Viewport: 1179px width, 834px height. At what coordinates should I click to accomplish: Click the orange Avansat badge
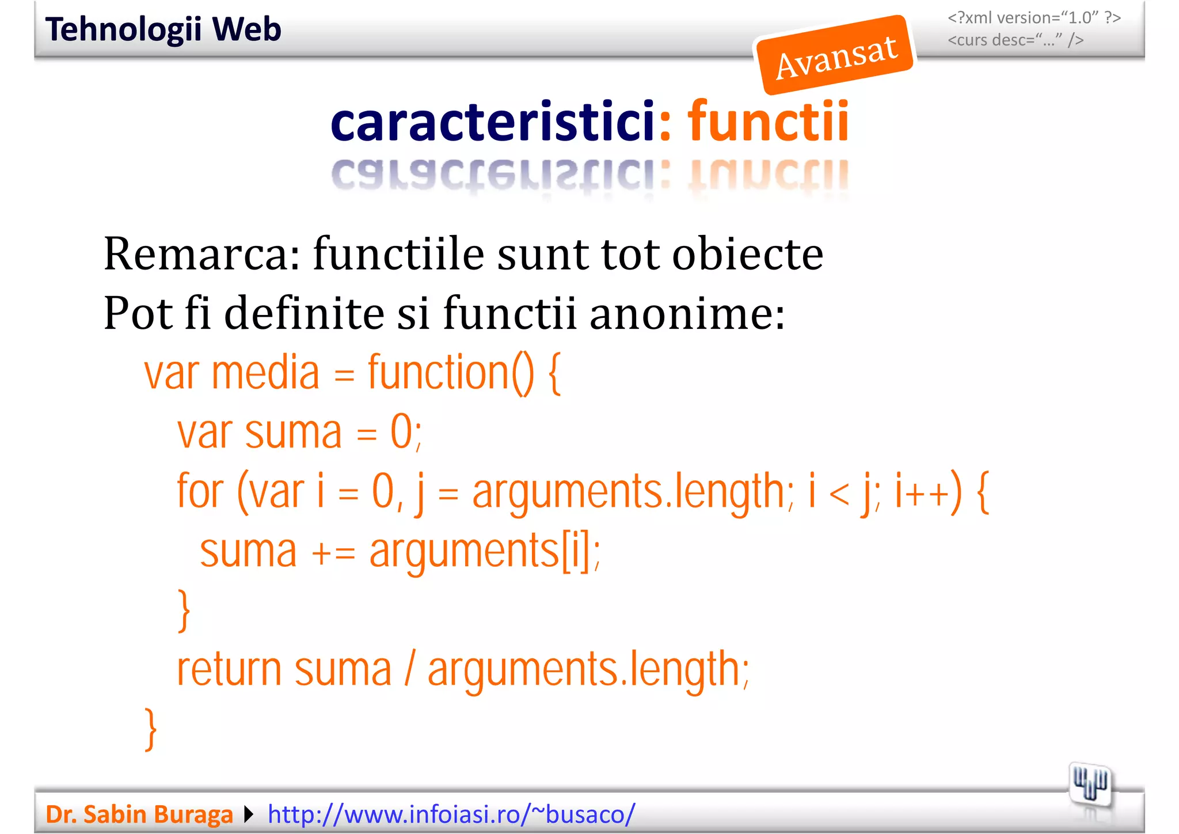tap(835, 55)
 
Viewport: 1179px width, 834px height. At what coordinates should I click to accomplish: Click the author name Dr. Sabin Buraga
tap(139, 814)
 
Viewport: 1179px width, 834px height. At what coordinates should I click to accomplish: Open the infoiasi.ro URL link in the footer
tap(451, 814)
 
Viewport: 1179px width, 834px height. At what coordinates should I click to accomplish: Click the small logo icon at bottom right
tap(1089, 785)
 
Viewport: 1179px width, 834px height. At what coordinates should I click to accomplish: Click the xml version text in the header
tap(1034, 18)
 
